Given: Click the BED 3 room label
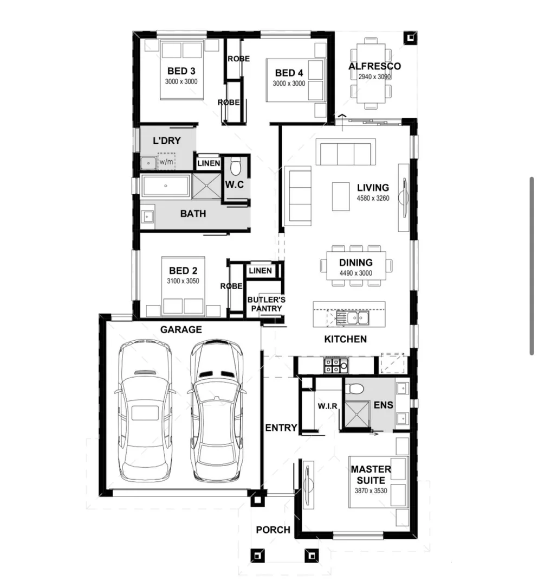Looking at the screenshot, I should pos(181,71).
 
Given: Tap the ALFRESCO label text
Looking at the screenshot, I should pos(374,66).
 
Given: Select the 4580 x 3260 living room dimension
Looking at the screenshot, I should pos(373,198).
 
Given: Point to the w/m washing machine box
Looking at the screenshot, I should pos(166,161).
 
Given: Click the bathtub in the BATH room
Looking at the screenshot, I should pos(165,186).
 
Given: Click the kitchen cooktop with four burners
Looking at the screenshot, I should pos(335,366).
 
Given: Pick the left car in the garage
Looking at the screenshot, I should pos(145,412).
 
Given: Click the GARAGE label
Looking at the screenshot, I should pos(181,329).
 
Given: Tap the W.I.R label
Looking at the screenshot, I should pos(328,406).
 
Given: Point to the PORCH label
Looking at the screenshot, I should pos(273,530).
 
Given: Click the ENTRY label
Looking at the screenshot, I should pos(281,428).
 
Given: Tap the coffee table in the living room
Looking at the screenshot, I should pos(341,196).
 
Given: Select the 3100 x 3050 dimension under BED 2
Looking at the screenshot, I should pos(183,281).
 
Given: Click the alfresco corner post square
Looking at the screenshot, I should pos(410,37).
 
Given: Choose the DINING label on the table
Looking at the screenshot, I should pos(355,263).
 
